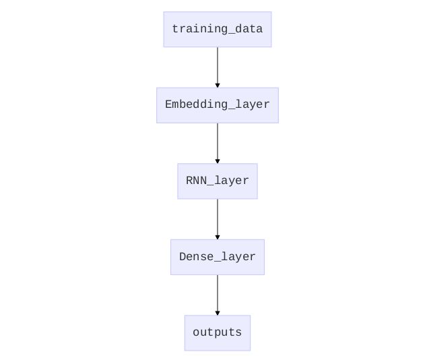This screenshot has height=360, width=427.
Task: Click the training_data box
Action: coord(218,30)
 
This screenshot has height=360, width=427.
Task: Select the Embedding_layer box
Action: coord(218,105)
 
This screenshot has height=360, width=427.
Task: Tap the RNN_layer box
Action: coord(218,181)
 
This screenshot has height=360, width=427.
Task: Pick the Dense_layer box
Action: coord(218,257)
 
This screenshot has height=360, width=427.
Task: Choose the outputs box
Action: coord(218,333)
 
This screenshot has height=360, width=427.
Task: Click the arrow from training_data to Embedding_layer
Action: coord(218,67)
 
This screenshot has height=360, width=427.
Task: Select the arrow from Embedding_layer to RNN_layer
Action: coord(218,144)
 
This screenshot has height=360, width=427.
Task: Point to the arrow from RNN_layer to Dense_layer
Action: coord(218,219)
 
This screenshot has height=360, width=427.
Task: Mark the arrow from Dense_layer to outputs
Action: coord(218,295)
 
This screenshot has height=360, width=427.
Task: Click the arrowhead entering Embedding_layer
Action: coord(218,86)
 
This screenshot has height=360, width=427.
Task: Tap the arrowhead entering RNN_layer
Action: coord(218,162)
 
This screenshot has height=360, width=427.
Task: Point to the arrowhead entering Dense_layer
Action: coord(218,237)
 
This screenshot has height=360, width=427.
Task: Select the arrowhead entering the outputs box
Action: coord(218,313)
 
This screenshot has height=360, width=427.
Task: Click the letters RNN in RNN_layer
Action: coord(197,181)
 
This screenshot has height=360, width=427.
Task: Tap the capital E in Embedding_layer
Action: coord(168,104)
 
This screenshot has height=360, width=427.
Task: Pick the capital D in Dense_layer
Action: coord(183,256)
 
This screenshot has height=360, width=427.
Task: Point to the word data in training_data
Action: coord(249,28)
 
